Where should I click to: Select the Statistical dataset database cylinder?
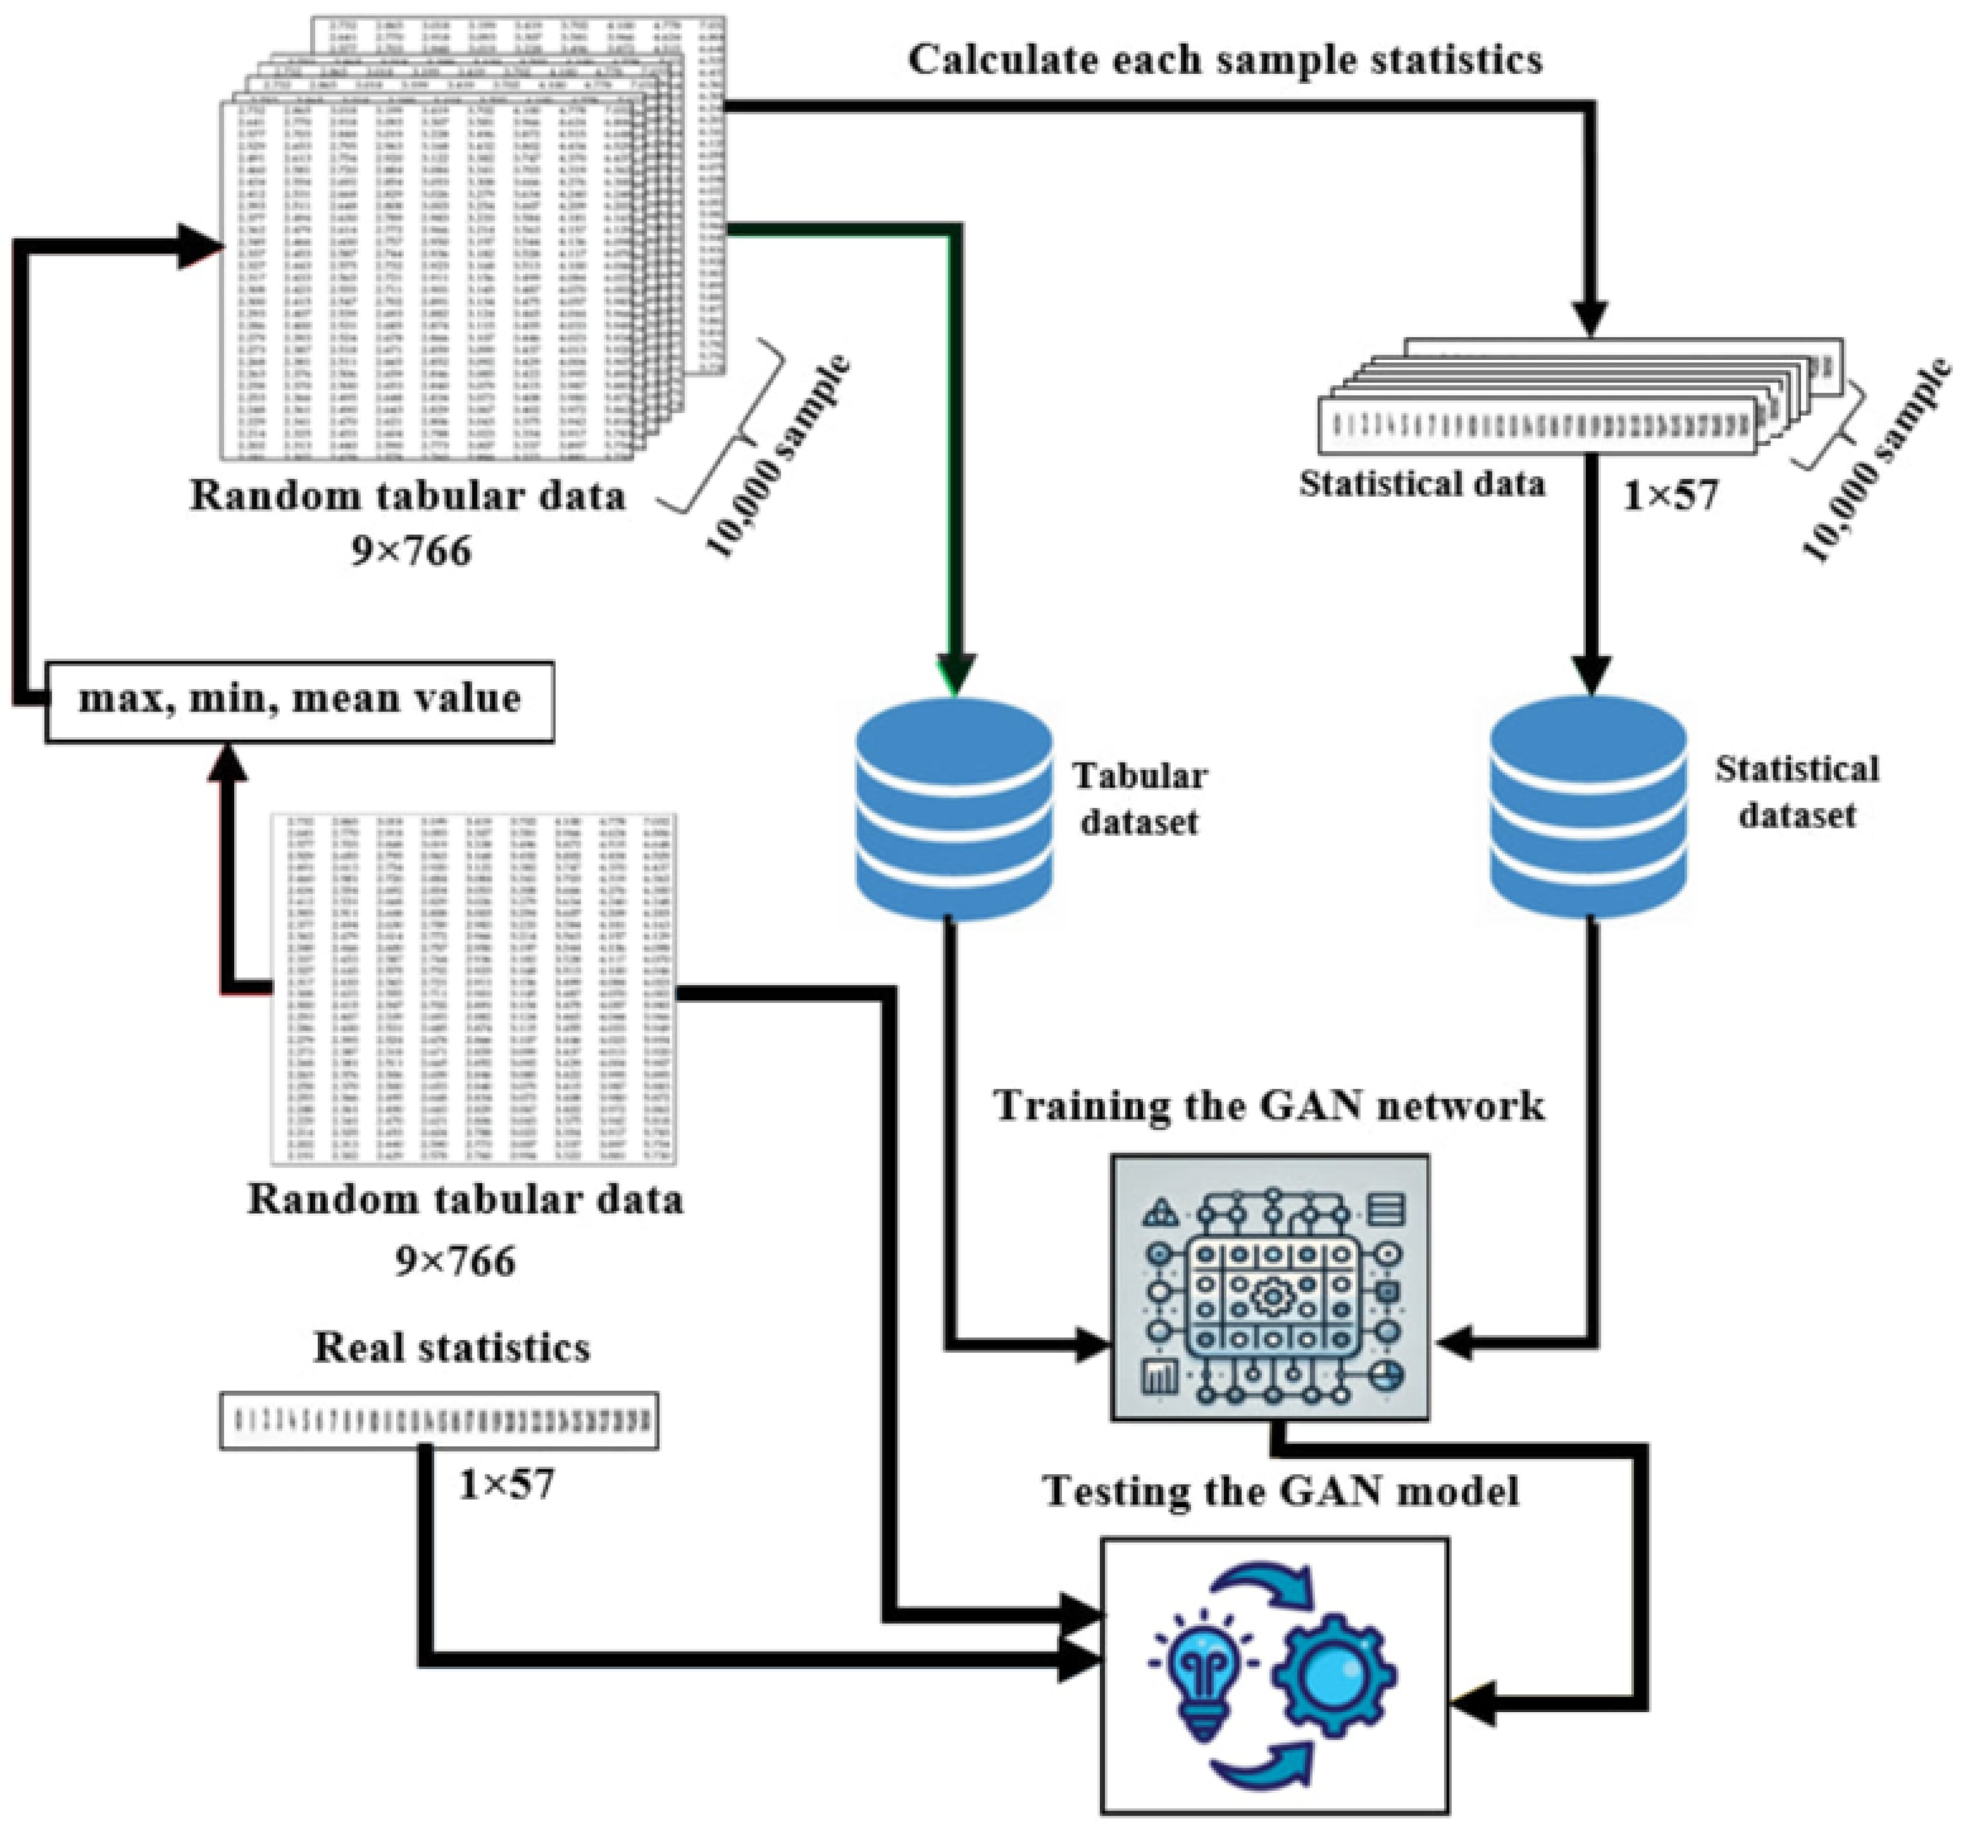click(1588, 808)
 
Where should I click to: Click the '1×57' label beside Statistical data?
click(1671, 494)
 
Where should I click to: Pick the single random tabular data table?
click(474, 987)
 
